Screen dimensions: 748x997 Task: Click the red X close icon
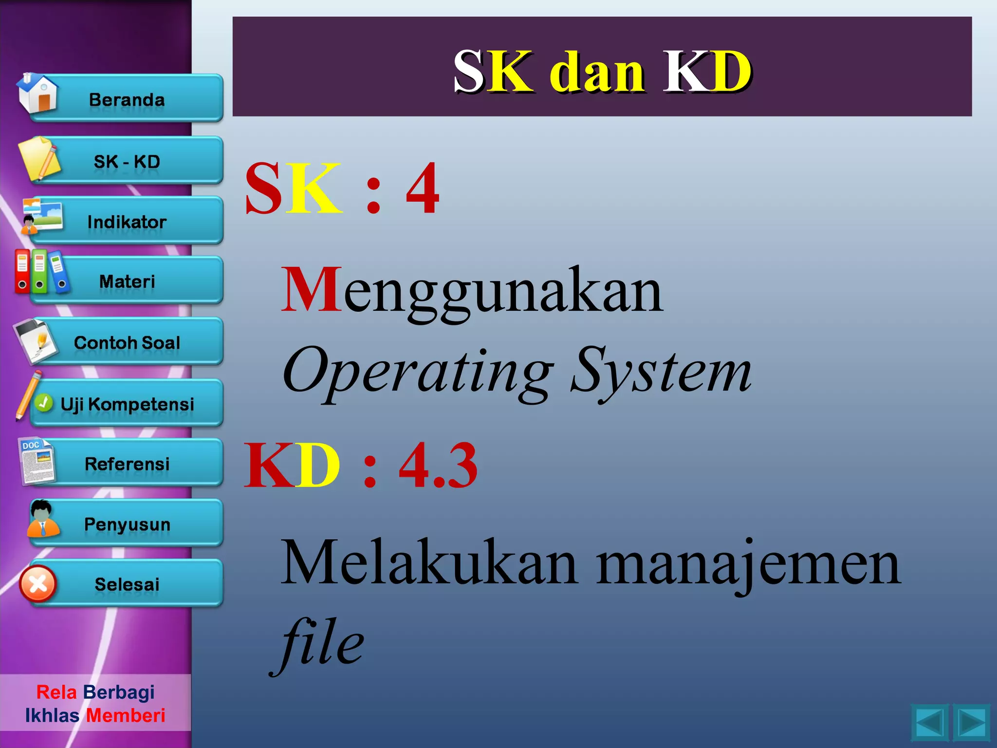38,584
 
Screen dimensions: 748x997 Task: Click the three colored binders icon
41,272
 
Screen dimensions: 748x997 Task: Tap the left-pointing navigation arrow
929,723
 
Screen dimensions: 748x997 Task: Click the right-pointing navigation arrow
971,723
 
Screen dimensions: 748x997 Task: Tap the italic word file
319,643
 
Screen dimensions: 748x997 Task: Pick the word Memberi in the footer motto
126,715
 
